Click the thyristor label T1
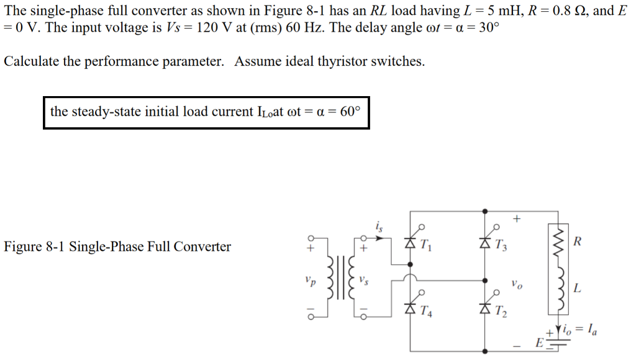pyautogui.click(x=425, y=245)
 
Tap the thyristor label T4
pyautogui.click(x=426, y=311)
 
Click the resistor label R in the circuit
pyautogui.click(x=578, y=241)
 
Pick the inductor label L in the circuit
pyautogui.click(x=578, y=288)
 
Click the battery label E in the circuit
pyautogui.click(x=539, y=343)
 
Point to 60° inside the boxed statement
pyautogui.click(x=350, y=112)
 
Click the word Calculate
pyautogui.click(x=30, y=62)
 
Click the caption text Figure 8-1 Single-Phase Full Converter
pyautogui.click(x=117, y=247)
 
